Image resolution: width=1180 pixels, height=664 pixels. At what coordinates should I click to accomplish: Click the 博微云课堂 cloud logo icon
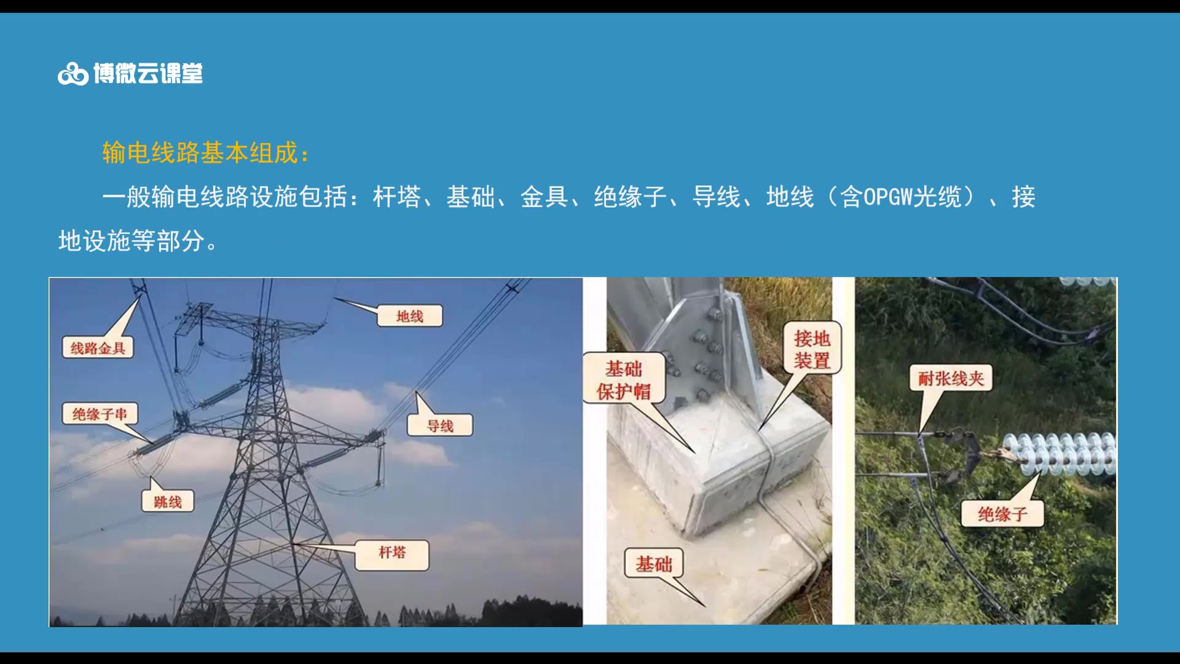tap(73, 74)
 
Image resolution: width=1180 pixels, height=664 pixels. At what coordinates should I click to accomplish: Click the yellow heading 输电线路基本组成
tap(205, 152)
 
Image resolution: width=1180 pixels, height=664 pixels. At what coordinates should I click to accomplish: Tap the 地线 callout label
tap(409, 316)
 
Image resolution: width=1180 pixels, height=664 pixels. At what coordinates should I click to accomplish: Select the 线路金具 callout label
tap(98, 348)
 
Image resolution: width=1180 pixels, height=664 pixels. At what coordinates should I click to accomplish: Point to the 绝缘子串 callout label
tap(100, 414)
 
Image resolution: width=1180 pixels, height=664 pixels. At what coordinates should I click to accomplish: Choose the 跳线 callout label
tap(168, 502)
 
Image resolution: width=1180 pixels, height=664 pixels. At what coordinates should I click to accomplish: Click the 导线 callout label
tap(440, 425)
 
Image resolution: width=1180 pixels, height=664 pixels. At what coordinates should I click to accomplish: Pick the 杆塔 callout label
tap(392, 552)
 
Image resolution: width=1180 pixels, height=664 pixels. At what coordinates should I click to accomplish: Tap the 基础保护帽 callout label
tap(624, 379)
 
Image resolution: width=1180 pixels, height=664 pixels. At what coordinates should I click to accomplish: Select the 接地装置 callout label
tap(812, 349)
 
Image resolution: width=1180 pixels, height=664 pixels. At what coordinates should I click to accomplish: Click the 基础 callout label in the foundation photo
tap(653, 563)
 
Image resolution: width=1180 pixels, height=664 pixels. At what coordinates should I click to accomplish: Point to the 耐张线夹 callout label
tap(951, 378)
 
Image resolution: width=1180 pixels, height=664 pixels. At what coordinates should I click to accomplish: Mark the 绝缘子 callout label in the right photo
tap(1002, 513)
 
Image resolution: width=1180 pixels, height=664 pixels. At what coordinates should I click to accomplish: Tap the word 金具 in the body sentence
tap(544, 197)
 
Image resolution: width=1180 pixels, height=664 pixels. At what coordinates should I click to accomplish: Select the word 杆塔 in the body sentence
tap(396, 197)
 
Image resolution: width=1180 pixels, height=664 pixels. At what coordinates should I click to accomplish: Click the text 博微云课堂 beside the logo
tap(148, 74)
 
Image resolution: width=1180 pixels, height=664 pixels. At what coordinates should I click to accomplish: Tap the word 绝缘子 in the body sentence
tap(630, 197)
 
